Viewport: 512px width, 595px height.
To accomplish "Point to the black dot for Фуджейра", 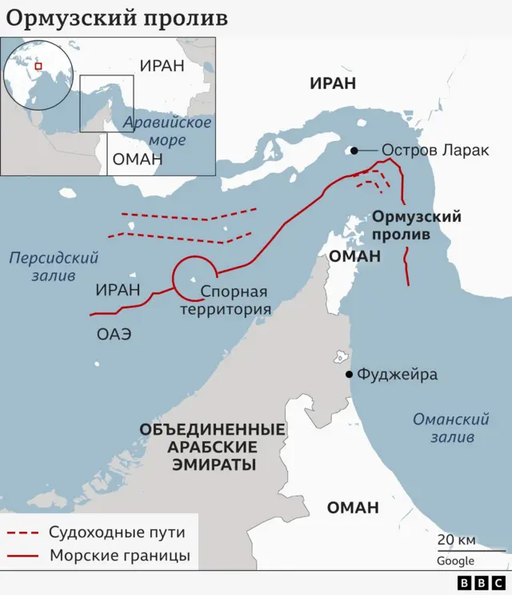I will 349,374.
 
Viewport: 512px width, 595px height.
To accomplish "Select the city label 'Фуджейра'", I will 397,374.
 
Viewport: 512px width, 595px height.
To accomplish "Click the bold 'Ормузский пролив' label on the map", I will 417,226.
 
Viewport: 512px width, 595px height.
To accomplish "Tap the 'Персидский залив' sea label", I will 54,267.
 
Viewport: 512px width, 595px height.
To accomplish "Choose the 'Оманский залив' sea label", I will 450,428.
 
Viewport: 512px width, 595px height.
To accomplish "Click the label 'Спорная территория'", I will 226,300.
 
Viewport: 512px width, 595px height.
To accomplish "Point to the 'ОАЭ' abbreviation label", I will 114,335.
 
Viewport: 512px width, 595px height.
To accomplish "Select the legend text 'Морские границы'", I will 120,556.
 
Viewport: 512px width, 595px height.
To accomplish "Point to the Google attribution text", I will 455,561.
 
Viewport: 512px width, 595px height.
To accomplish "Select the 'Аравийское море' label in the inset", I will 167,131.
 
